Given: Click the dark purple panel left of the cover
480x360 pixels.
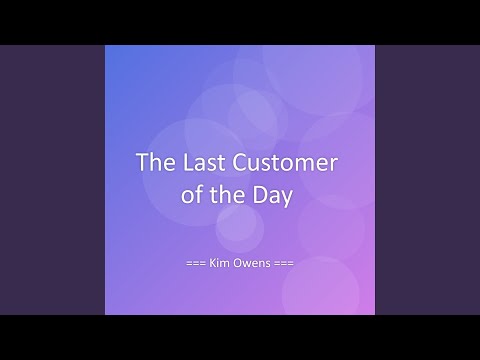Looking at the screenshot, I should pos(50,180).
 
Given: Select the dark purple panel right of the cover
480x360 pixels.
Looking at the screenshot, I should pos(430,180).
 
